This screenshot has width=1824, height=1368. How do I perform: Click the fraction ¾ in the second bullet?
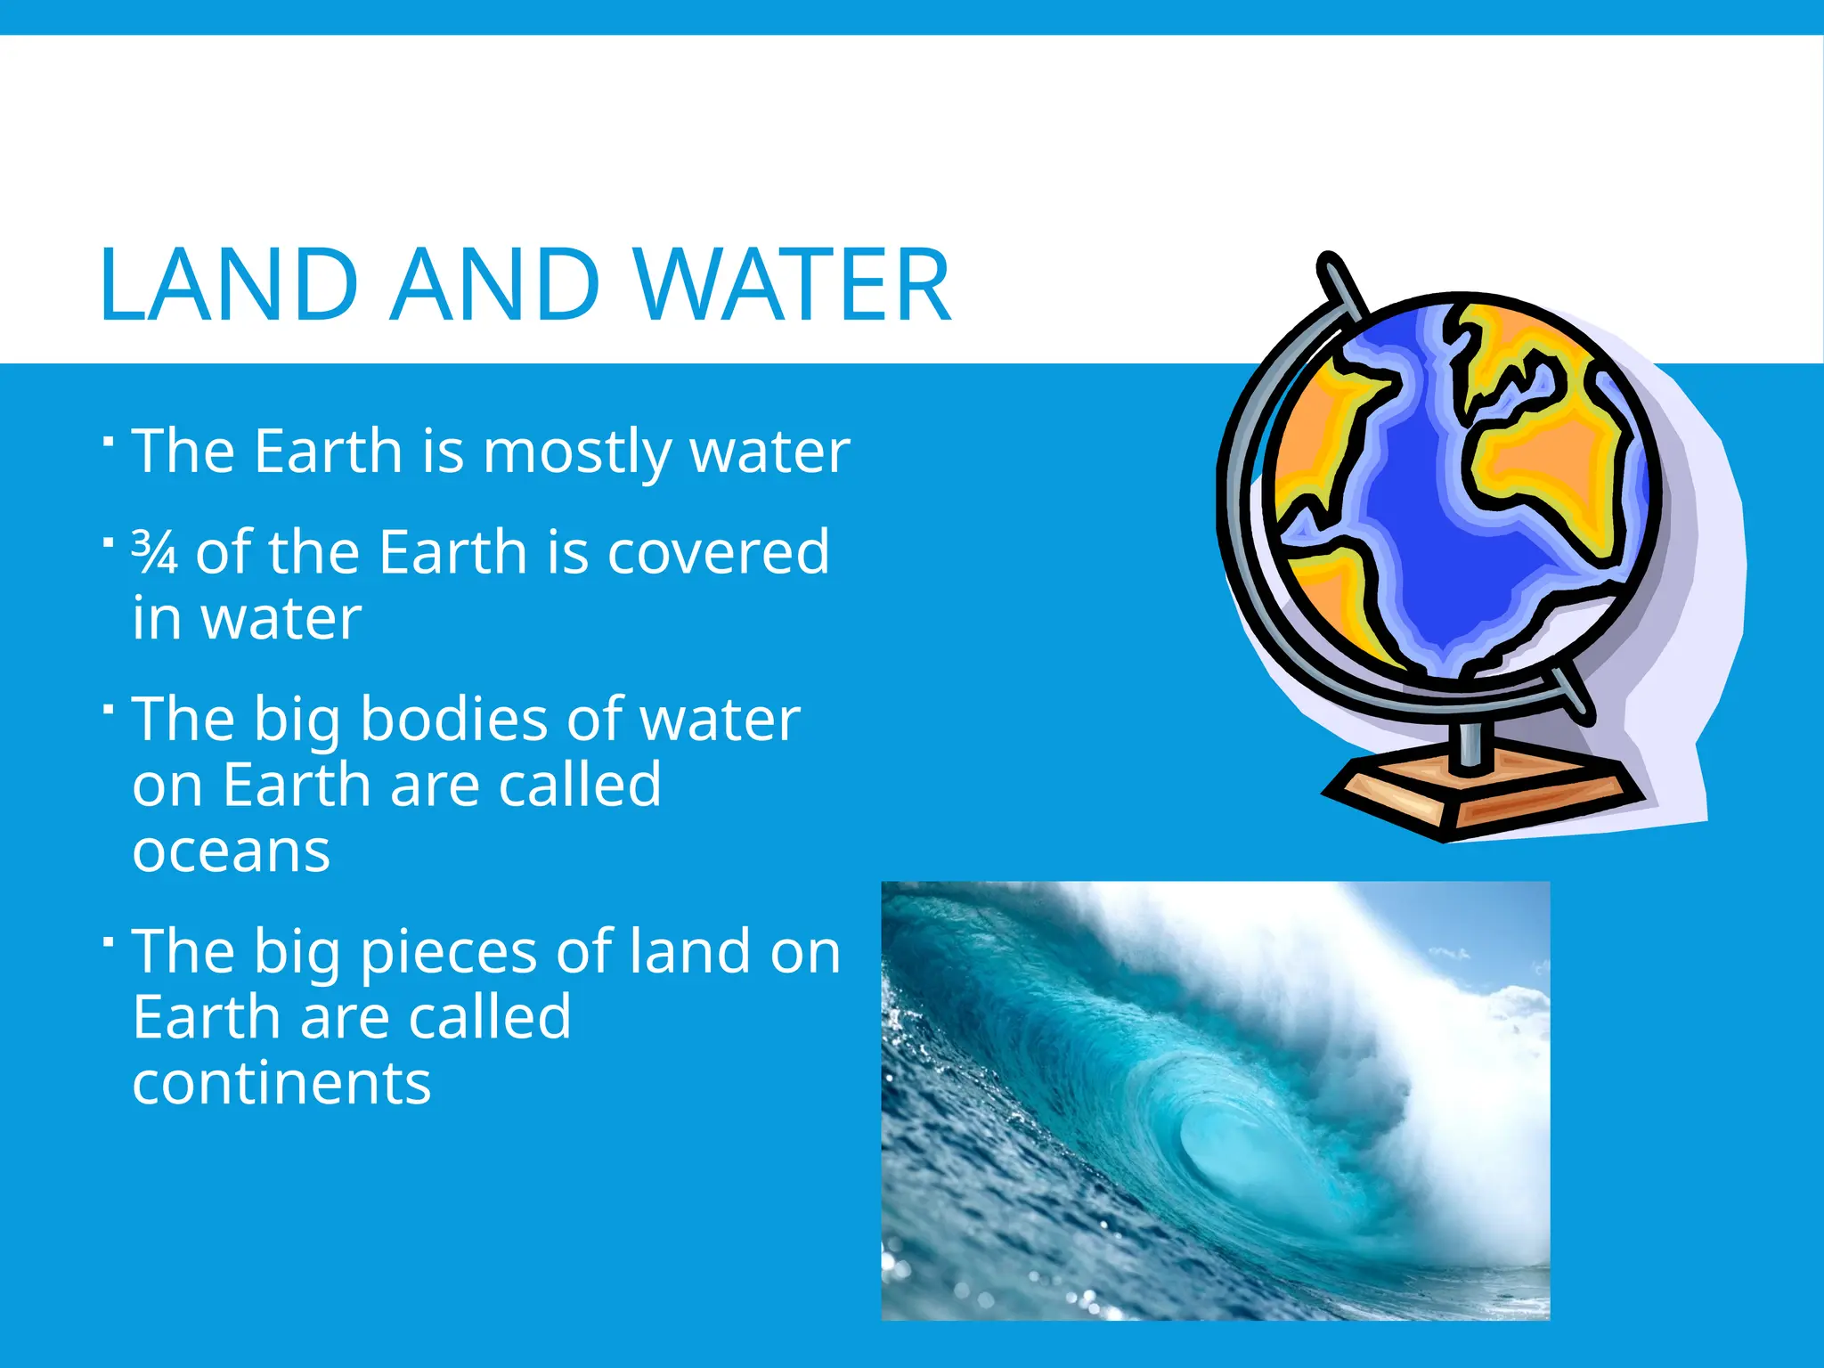pos(154,552)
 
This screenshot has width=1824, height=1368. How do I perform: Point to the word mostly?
pos(577,452)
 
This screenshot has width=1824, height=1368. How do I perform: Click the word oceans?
pos(232,851)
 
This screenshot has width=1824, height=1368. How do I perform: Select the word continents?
pos(281,1084)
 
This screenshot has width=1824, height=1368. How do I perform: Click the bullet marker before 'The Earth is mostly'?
pos(108,442)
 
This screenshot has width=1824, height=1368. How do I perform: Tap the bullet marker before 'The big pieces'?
pos(108,942)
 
